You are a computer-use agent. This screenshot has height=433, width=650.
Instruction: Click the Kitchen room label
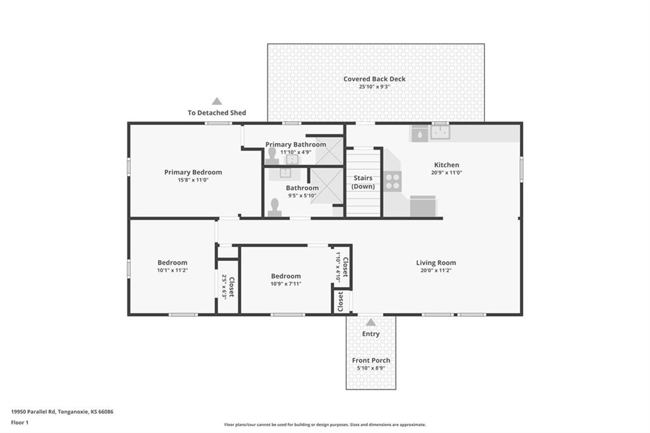pos(446,164)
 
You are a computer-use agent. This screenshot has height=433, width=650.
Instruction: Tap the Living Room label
pos(436,263)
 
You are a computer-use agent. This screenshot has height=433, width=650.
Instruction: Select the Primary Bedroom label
pos(193,172)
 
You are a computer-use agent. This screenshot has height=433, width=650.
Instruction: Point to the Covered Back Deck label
pos(375,79)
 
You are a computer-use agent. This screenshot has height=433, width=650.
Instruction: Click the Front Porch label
pos(371,361)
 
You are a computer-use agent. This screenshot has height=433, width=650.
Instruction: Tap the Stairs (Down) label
pos(363,182)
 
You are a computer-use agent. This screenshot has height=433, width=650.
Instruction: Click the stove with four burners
pos(392,181)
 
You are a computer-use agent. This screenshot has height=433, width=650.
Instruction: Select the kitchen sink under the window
pos(441,132)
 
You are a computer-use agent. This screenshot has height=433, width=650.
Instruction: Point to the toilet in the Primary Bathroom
pos(272,156)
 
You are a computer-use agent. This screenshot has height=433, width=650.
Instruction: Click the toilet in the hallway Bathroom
pos(274,208)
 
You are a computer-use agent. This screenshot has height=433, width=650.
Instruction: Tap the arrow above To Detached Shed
pos(217,101)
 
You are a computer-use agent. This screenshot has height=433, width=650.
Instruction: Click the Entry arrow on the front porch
pos(371,323)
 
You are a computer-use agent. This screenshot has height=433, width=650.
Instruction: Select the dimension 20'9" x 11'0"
pos(446,173)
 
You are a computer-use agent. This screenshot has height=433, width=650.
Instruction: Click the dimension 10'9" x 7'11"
pos(286,284)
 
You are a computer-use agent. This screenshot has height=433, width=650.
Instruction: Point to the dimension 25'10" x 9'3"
pos(375,87)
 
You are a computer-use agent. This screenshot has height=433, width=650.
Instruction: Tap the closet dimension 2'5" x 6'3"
pos(224,286)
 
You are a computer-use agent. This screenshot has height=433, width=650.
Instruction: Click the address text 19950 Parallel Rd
pos(34,412)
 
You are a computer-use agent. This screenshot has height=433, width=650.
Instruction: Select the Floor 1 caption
pos(20,423)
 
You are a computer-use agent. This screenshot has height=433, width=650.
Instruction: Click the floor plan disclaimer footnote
pos(325,425)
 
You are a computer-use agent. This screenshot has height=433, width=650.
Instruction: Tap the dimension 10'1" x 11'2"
pos(173,270)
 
